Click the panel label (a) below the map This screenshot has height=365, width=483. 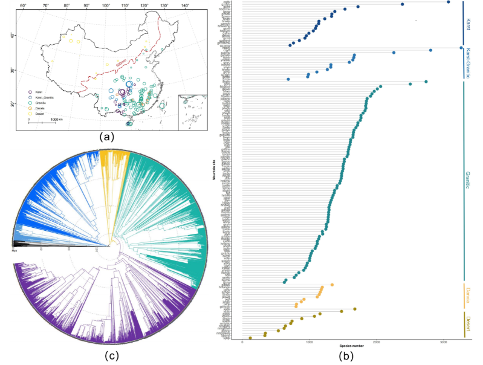click(108, 137)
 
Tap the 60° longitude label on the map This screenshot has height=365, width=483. click(23, 6)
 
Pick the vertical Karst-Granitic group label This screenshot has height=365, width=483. click(469, 63)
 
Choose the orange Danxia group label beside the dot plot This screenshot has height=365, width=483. click(468, 296)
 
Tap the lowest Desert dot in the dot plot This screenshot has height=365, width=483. click(250, 338)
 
